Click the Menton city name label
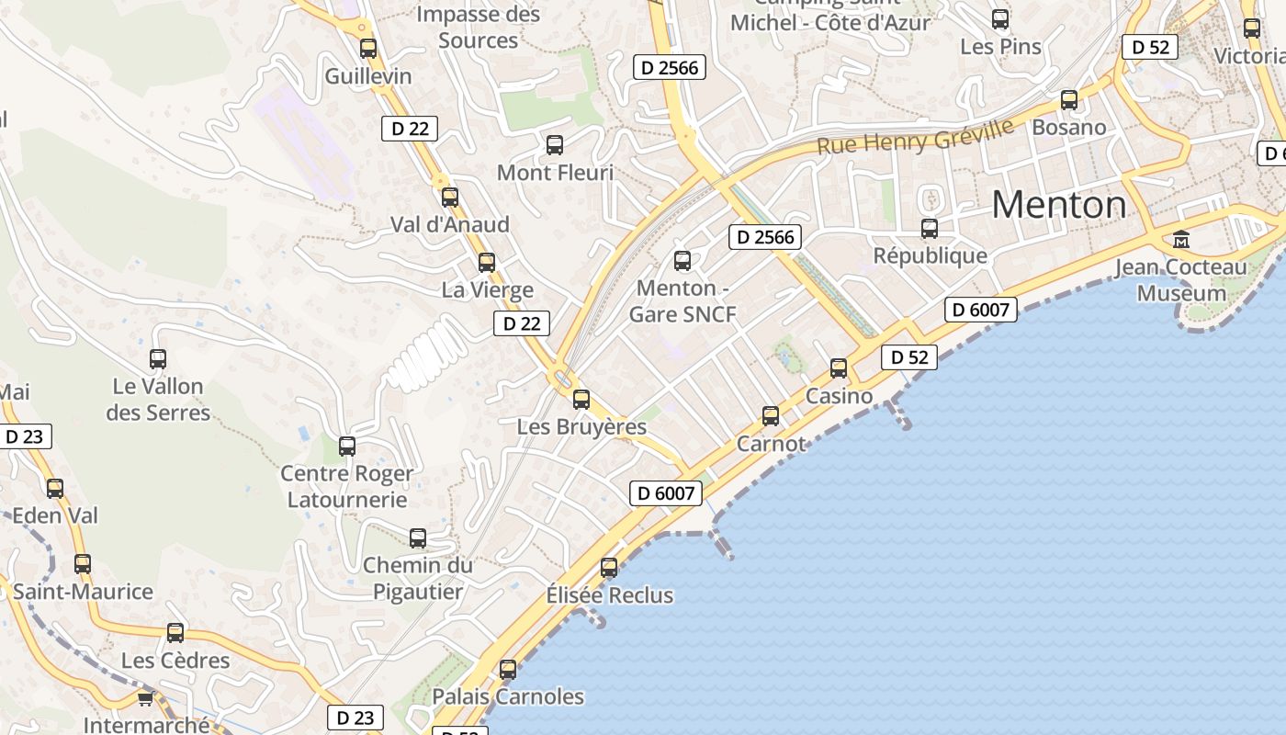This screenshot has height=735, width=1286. (1058, 203)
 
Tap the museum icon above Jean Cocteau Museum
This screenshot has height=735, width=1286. (1181, 240)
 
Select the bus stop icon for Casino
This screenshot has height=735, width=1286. (839, 368)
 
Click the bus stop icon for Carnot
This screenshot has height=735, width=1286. (771, 416)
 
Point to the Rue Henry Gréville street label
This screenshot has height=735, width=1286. (915, 135)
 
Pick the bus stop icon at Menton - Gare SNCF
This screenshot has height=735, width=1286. (682, 261)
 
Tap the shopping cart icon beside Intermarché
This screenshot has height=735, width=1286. (145, 699)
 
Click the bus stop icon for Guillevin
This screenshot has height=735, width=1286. (368, 49)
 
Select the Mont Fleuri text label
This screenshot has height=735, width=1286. (555, 173)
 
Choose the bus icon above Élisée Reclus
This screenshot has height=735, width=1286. (609, 568)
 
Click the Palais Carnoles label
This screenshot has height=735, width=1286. (508, 696)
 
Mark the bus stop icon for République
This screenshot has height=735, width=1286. (930, 229)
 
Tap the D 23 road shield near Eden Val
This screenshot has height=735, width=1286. (25, 436)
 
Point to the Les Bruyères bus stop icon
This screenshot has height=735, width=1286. (581, 400)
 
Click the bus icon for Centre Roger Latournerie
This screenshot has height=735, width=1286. (347, 447)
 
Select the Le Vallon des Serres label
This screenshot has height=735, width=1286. (158, 400)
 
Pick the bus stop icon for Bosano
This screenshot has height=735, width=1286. (1069, 100)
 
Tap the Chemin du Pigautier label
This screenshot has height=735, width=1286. (418, 578)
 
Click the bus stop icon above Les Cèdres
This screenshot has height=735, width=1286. (175, 633)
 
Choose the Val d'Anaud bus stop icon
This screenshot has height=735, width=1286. (450, 198)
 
